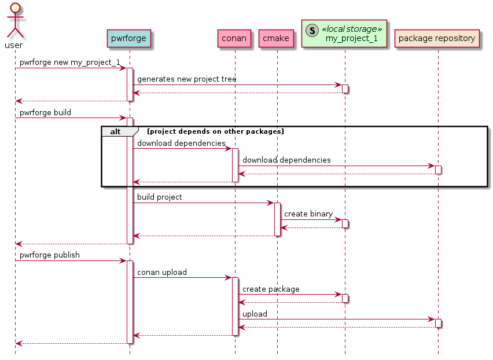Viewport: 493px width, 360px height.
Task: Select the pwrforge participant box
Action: (129, 39)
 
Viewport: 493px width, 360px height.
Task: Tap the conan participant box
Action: (234, 39)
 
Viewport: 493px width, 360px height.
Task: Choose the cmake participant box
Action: (277, 39)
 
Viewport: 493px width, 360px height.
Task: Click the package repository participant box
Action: (437, 39)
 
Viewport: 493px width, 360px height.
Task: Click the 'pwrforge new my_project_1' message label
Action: (69, 62)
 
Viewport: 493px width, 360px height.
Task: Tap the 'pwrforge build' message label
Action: (45, 112)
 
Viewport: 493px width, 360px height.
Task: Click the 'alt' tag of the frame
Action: (116, 131)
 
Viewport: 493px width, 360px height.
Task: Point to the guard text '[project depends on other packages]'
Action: (215, 131)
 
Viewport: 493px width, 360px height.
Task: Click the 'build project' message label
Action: (159, 197)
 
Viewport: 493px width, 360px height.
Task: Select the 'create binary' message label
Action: (308, 214)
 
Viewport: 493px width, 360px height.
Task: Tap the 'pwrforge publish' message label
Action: (49, 255)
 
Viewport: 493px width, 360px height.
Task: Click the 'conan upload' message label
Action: (161, 271)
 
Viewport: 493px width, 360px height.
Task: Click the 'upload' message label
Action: (255, 314)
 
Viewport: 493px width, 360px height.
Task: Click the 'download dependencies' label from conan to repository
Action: (286, 160)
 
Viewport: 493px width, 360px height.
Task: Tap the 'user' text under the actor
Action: (13, 45)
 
